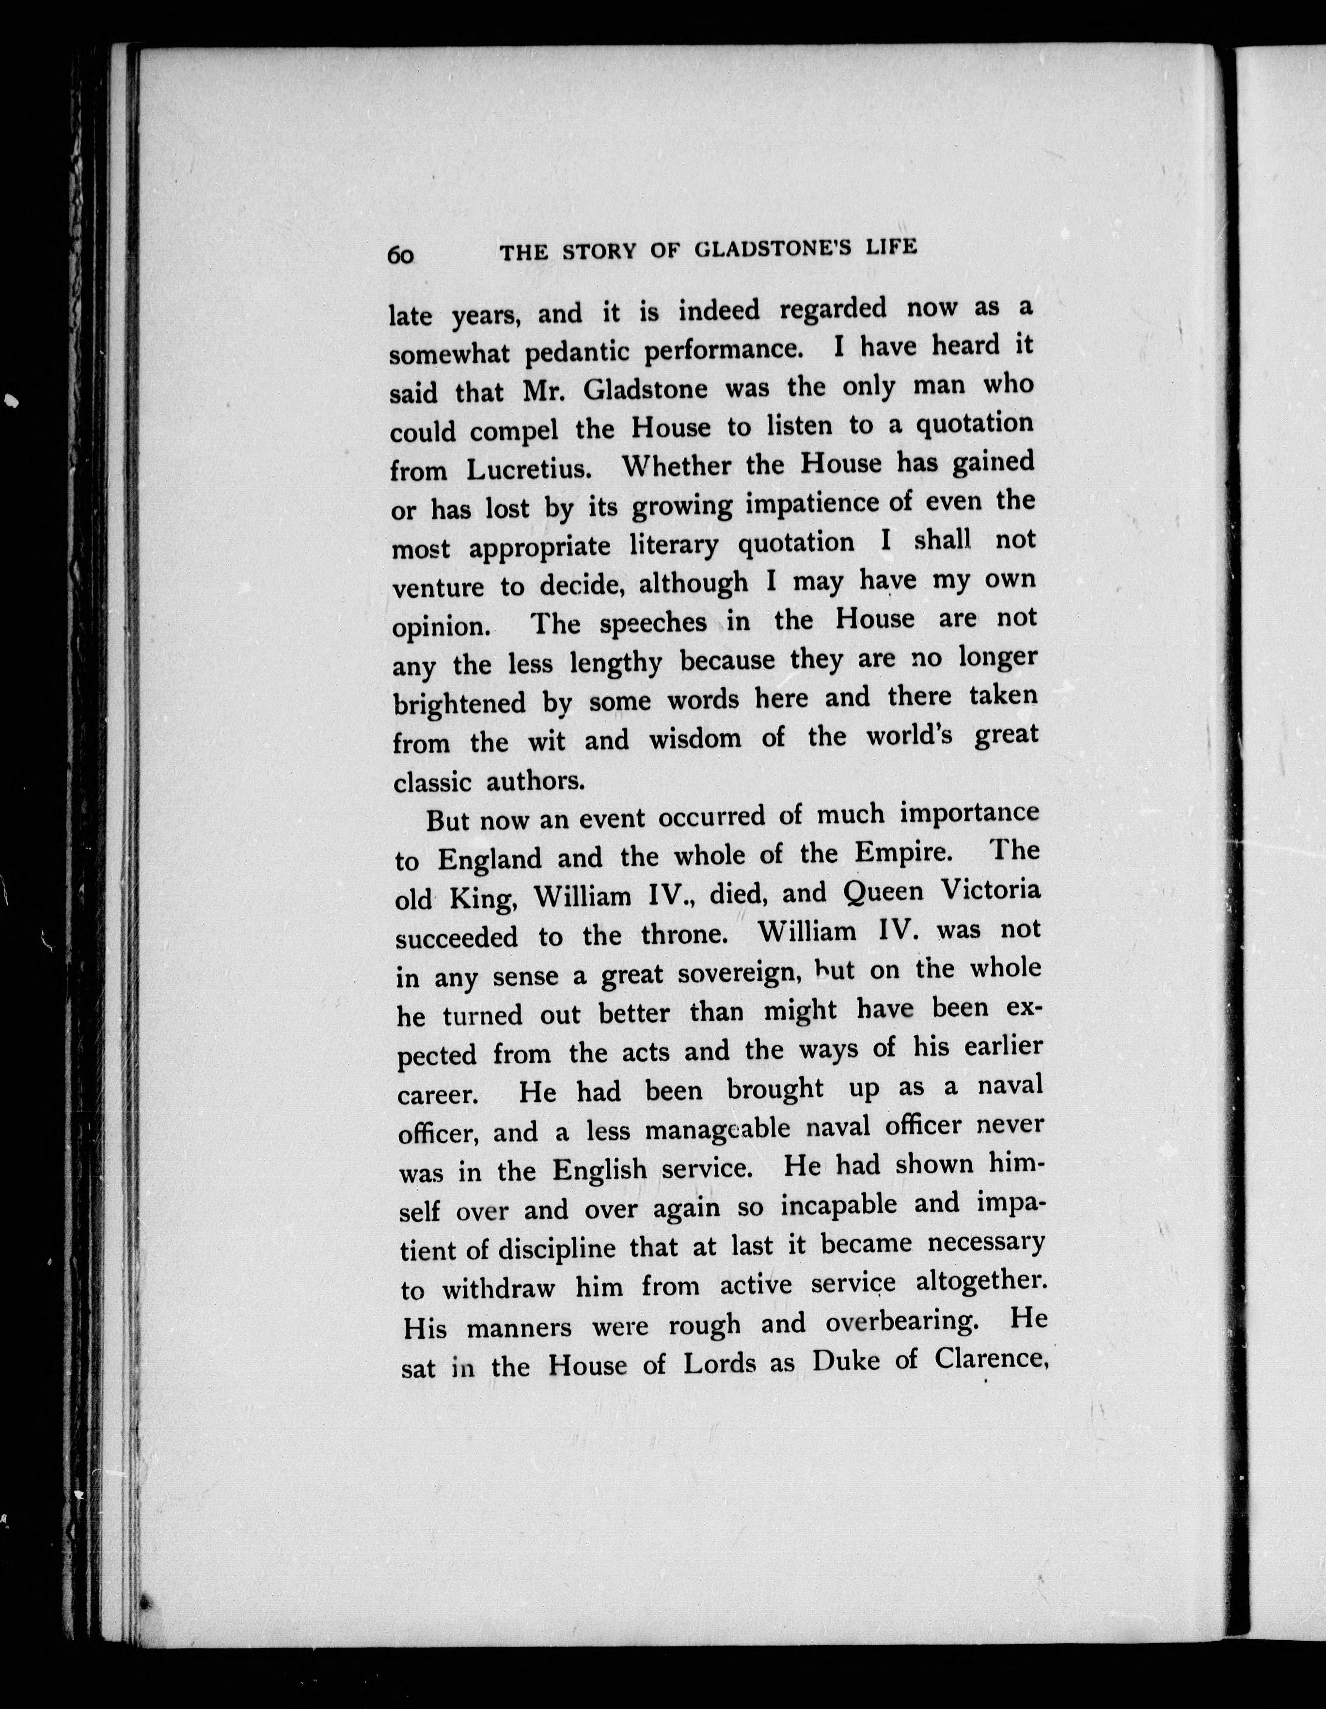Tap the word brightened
pos(459,703)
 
